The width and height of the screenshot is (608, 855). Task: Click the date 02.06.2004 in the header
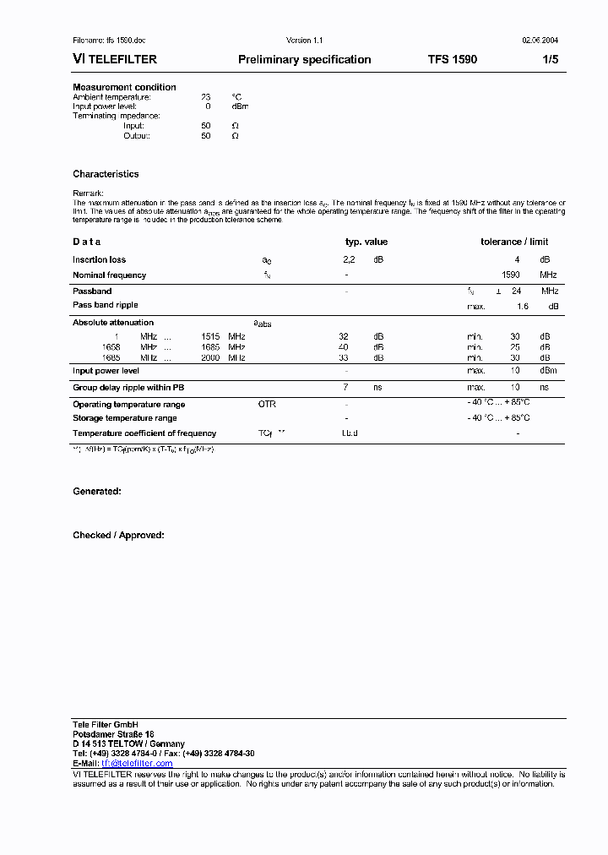coord(540,41)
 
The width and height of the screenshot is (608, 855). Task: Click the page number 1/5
coord(551,60)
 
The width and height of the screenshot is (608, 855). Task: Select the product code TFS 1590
coord(452,60)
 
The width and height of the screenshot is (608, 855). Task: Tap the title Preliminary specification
coord(304,60)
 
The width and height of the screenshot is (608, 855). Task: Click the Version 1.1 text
coord(304,41)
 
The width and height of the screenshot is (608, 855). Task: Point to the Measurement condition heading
coord(124,87)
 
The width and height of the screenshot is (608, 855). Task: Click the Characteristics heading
coord(106,174)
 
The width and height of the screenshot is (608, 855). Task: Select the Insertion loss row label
coord(99,260)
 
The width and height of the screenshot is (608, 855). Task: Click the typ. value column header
coord(366,242)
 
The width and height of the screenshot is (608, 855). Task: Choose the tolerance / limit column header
coord(514,242)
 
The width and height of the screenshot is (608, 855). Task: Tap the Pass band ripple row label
coord(105,305)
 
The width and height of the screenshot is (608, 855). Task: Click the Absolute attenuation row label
coord(113,323)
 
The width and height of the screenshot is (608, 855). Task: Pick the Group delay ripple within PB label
coord(128,387)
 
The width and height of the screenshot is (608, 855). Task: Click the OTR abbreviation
coord(267,405)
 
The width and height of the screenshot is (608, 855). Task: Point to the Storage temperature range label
coord(124,418)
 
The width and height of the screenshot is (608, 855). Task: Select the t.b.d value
coord(350,433)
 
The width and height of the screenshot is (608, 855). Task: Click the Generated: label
coord(96,491)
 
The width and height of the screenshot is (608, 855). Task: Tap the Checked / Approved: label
coord(118,535)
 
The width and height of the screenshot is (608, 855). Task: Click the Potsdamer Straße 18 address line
coord(113,734)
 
